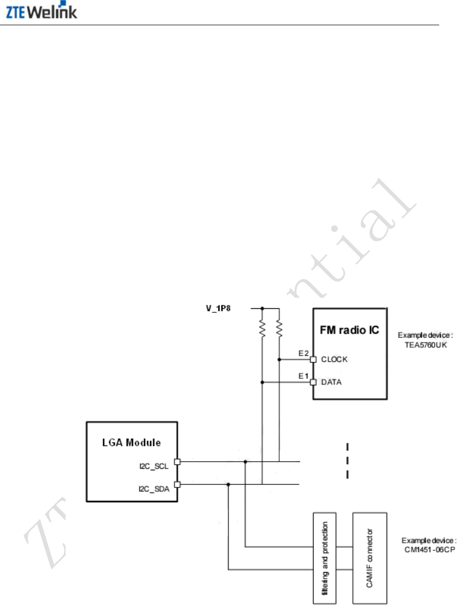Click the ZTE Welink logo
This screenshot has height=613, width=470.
(x=42, y=12)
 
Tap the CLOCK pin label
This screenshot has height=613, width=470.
(x=334, y=360)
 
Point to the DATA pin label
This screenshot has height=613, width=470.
(x=331, y=382)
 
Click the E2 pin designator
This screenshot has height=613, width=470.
(x=303, y=354)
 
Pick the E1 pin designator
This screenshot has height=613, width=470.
(x=303, y=376)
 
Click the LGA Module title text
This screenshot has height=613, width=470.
(x=132, y=443)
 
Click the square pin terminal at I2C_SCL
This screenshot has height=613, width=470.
(x=177, y=461)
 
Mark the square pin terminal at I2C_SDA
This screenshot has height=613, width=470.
(x=177, y=484)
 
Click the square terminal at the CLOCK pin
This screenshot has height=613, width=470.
(x=313, y=360)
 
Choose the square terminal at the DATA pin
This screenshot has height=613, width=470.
(x=313, y=382)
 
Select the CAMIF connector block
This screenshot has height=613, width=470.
(x=370, y=558)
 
